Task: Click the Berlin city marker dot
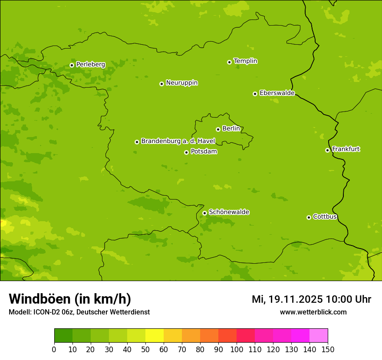(x=218, y=129)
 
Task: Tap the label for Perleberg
(x=90, y=65)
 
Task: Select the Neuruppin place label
(x=181, y=83)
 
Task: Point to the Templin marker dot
(x=229, y=62)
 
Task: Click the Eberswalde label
(x=277, y=93)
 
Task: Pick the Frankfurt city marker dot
(x=327, y=150)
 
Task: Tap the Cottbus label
(x=325, y=216)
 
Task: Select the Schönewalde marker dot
(x=204, y=213)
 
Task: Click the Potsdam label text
(x=204, y=152)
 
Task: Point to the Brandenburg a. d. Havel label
(x=178, y=141)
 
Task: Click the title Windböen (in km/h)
(x=69, y=299)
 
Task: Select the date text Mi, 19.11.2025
(x=287, y=299)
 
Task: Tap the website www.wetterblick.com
(x=313, y=312)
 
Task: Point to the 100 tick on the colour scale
(x=237, y=349)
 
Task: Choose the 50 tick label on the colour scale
(x=145, y=349)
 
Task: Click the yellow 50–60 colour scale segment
(x=155, y=336)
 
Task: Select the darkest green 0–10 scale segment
(x=63, y=336)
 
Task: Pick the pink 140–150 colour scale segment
(x=319, y=336)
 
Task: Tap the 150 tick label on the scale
(x=328, y=349)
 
